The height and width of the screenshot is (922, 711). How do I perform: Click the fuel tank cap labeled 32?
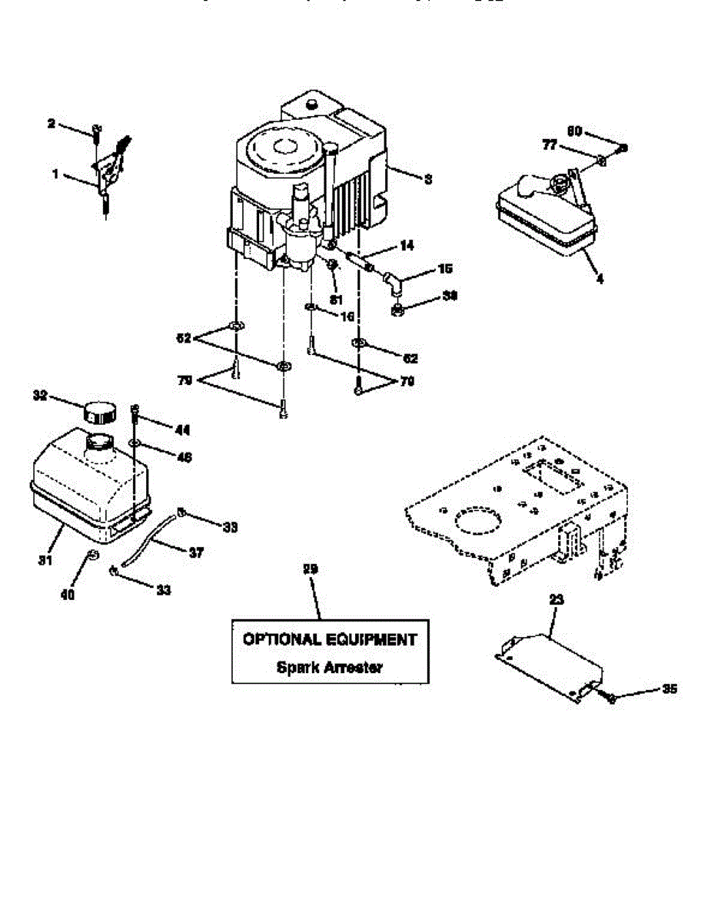(x=98, y=411)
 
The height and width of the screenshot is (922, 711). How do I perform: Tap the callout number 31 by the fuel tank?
(x=45, y=561)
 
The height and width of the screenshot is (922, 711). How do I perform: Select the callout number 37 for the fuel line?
(x=196, y=552)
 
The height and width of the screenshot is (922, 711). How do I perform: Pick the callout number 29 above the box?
(x=310, y=569)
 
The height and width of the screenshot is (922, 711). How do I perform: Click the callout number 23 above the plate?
(x=557, y=597)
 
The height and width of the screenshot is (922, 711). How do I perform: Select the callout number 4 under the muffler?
(x=600, y=280)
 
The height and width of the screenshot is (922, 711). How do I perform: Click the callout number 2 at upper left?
(x=52, y=123)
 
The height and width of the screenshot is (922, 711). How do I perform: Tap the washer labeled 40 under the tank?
(x=92, y=555)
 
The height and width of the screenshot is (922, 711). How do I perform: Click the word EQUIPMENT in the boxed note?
(x=374, y=639)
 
